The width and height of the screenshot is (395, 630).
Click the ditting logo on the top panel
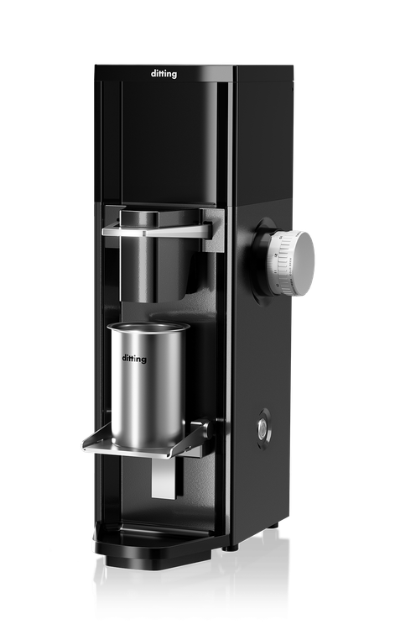(164, 74)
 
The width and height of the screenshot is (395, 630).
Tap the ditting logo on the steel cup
(134, 358)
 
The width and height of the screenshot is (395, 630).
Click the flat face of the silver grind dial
(300, 264)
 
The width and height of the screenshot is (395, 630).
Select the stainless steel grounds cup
(147, 385)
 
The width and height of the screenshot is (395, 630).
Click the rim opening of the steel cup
(148, 327)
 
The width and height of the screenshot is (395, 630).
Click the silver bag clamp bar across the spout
(157, 230)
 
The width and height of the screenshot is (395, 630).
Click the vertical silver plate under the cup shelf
(164, 478)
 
